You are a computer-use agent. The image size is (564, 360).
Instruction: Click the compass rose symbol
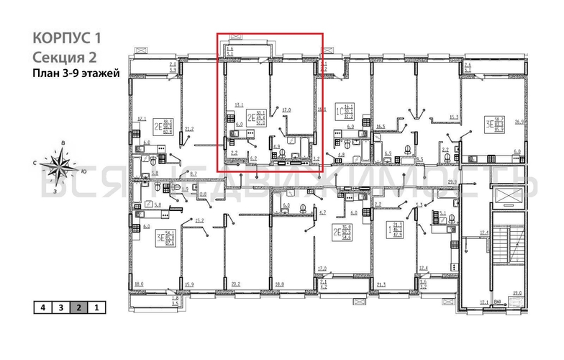coord(60,166)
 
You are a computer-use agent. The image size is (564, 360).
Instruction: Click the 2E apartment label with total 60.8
coord(147,127)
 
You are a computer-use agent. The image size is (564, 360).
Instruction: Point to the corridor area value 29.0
coord(452,183)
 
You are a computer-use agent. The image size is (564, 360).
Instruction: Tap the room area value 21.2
coord(190,129)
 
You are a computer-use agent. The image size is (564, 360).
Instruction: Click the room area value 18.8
coord(279,284)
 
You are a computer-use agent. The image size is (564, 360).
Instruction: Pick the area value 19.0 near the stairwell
coord(516,292)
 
